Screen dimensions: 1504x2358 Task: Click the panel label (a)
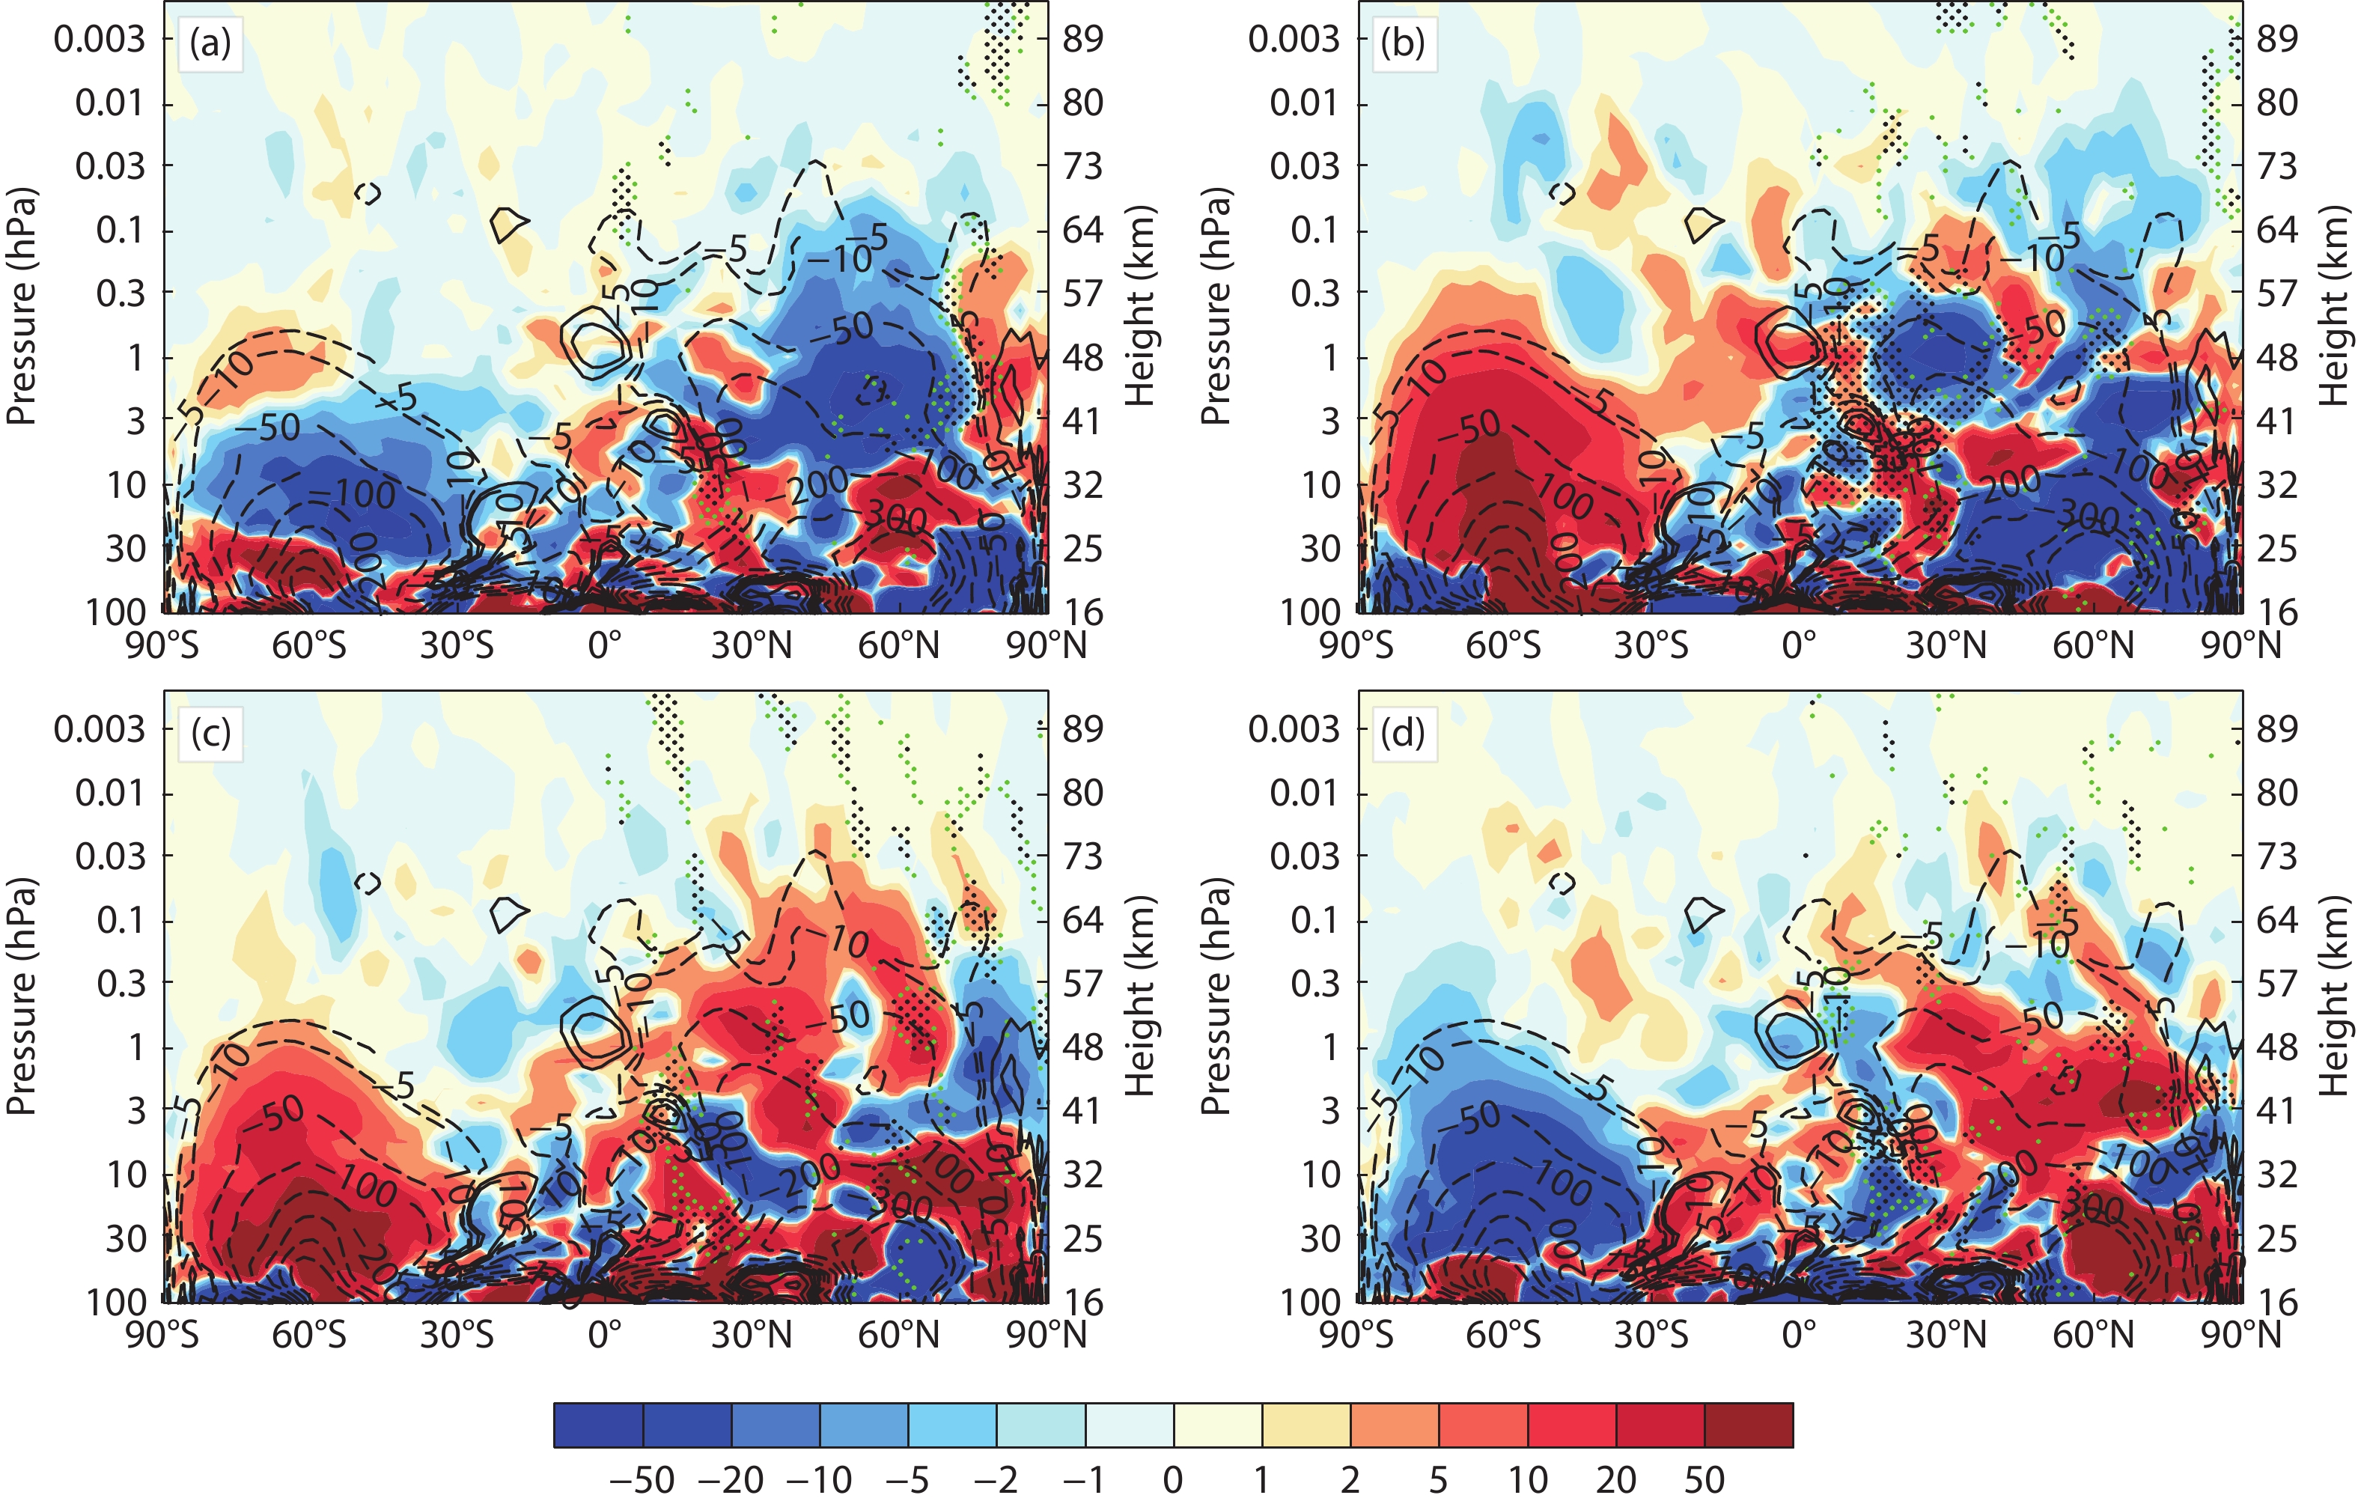[210, 45]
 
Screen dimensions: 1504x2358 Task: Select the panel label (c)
[210, 734]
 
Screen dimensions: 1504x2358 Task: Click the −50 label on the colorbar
[642, 1479]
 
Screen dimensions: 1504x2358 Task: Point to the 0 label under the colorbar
[1173, 1479]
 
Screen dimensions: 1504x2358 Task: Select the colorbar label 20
[1615, 1479]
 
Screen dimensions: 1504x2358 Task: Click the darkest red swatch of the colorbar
[1748, 1425]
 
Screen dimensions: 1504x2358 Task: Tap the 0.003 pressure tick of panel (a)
[99, 40]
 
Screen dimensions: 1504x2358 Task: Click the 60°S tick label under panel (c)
[308, 1336]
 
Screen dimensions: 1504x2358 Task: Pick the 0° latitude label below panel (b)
[1799, 646]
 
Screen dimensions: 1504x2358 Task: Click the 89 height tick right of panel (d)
[2276, 729]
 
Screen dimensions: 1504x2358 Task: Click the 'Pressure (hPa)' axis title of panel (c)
[22, 996]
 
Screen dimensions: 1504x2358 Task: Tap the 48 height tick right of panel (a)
[1083, 359]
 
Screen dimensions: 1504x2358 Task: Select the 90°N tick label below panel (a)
[1046, 646]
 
